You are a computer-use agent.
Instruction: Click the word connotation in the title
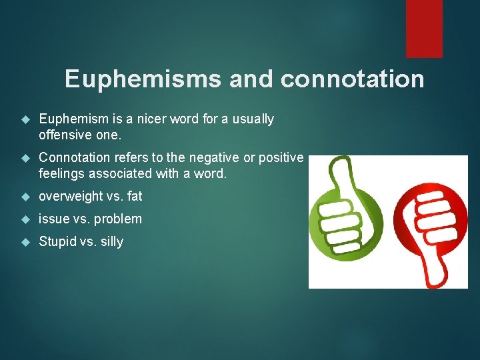[x=352, y=79]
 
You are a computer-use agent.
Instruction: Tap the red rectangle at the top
[x=424, y=28]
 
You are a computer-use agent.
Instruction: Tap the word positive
[x=283, y=158]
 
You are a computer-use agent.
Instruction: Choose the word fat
[x=134, y=197]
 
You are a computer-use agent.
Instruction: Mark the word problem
[x=119, y=219]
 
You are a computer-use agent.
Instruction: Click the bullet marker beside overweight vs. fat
[x=26, y=197]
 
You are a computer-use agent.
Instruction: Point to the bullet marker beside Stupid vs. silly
[x=26, y=241]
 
